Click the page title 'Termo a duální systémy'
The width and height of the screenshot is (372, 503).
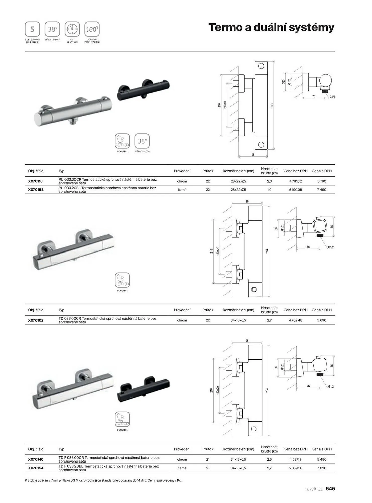pyautogui.click(x=271, y=27)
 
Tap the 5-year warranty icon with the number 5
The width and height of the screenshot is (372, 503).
pyautogui.click(x=32, y=29)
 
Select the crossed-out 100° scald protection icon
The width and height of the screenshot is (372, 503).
pyautogui.click(x=92, y=29)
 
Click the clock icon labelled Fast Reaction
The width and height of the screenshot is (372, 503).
pyautogui.click(x=72, y=29)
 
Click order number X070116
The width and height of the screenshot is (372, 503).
pyautogui.click(x=35, y=181)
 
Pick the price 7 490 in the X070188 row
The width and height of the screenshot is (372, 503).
pyautogui.click(x=322, y=190)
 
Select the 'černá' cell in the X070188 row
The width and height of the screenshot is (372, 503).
pyautogui.click(x=182, y=190)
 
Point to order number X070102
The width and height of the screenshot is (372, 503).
pyautogui.click(x=36, y=320)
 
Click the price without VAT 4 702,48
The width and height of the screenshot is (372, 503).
pyautogui.click(x=295, y=320)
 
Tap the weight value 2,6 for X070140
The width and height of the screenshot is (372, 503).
pyautogui.click(x=269, y=459)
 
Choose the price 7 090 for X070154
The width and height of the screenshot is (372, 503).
pyautogui.click(x=322, y=468)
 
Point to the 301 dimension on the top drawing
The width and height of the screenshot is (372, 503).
pyautogui.click(x=272, y=105)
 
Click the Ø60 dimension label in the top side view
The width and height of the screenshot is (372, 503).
pyautogui.click(x=284, y=82)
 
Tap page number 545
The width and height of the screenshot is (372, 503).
pyautogui.click(x=330, y=489)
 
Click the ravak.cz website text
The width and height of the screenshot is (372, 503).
pyautogui.click(x=314, y=489)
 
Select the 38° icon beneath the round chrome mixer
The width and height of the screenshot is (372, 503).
pyautogui.click(x=142, y=141)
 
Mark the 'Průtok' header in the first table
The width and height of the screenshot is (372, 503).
pyautogui.click(x=208, y=171)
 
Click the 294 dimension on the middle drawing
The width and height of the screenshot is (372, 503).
pyautogui.click(x=267, y=251)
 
